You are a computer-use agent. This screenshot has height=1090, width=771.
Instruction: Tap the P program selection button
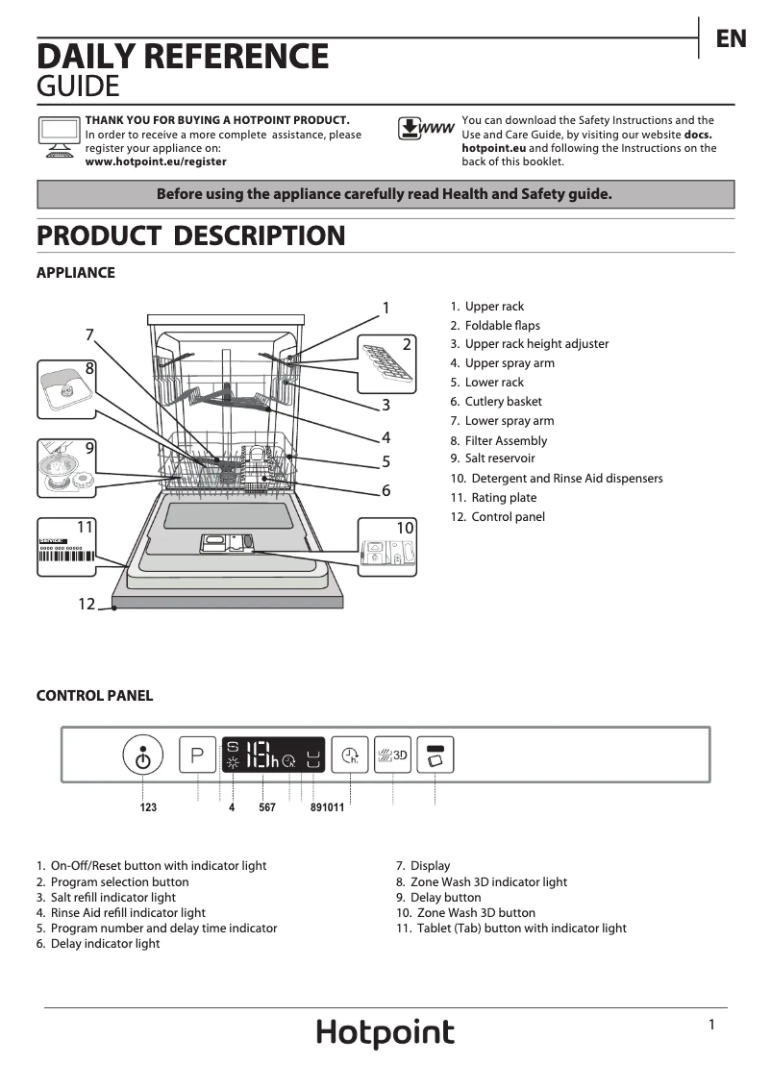198,755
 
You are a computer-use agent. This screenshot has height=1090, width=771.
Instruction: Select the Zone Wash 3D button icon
392,755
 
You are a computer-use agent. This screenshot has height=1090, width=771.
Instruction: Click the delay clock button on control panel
350,755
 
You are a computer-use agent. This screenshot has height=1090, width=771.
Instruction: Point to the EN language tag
731,38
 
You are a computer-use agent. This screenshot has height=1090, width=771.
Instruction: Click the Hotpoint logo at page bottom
385,1033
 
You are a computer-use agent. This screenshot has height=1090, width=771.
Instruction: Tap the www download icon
425,129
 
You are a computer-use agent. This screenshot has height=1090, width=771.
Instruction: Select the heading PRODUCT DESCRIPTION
190,235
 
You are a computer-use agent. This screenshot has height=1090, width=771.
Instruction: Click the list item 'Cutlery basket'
503,402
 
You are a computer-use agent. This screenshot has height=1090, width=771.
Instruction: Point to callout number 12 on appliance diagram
87,604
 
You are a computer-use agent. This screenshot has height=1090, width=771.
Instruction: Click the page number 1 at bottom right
711,1025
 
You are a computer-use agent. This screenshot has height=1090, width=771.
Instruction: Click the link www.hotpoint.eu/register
156,161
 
